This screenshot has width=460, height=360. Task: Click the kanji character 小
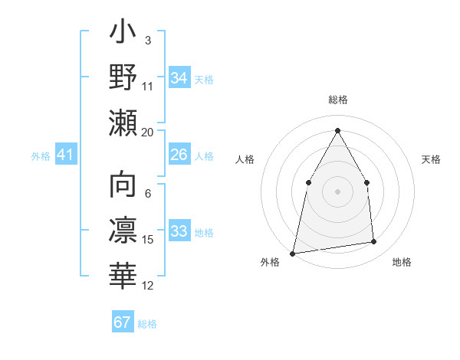click(x=123, y=34)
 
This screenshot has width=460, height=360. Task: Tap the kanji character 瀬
click(x=123, y=123)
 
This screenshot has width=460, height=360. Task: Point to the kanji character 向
click(x=123, y=186)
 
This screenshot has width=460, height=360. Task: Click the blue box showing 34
click(x=179, y=78)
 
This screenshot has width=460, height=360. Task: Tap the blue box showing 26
click(x=179, y=155)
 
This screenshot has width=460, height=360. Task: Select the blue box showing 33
click(x=179, y=231)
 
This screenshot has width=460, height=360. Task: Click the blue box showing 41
click(x=66, y=155)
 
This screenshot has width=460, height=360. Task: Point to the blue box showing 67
click(x=123, y=322)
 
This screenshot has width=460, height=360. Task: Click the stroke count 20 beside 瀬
click(x=148, y=132)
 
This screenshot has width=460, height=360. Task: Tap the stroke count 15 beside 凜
click(x=148, y=240)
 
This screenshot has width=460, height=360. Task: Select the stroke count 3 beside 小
click(x=147, y=40)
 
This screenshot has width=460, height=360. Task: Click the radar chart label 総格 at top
click(x=337, y=100)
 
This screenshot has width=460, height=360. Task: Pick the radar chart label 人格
click(x=245, y=159)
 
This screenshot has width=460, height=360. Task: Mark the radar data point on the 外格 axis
click(x=293, y=253)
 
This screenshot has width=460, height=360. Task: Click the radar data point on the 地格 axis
click(x=374, y=242)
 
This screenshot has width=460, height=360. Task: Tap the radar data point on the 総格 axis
click(x=337, y=130)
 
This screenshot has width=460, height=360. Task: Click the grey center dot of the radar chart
click(x=337, y=191)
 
